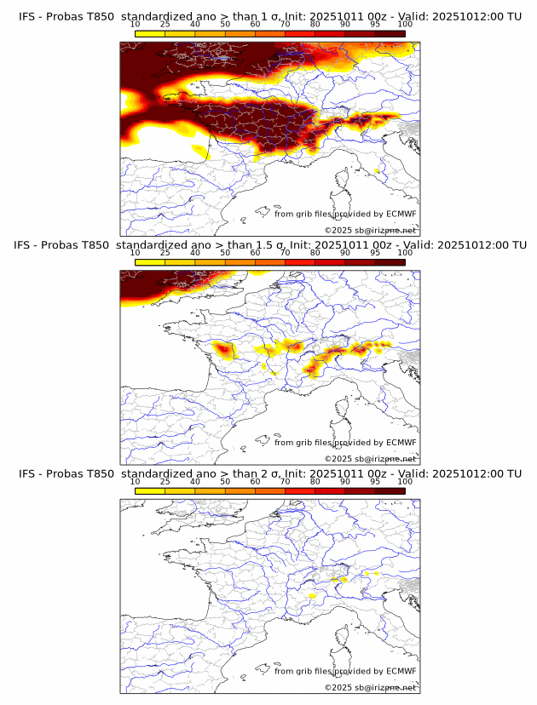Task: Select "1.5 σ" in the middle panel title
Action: click(272, 245)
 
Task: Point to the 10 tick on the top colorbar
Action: click(136, 26)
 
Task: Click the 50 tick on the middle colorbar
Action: click(225, 254)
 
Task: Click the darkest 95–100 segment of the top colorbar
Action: click(390, 33)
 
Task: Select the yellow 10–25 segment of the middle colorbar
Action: click(150, 262)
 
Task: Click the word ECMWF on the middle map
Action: click(401, 443)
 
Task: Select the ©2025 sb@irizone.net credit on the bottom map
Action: click(371, 687)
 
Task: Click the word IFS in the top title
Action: click(27, 16)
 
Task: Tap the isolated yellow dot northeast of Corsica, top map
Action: click(376, 171)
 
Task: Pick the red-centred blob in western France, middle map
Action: click(224, 349)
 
